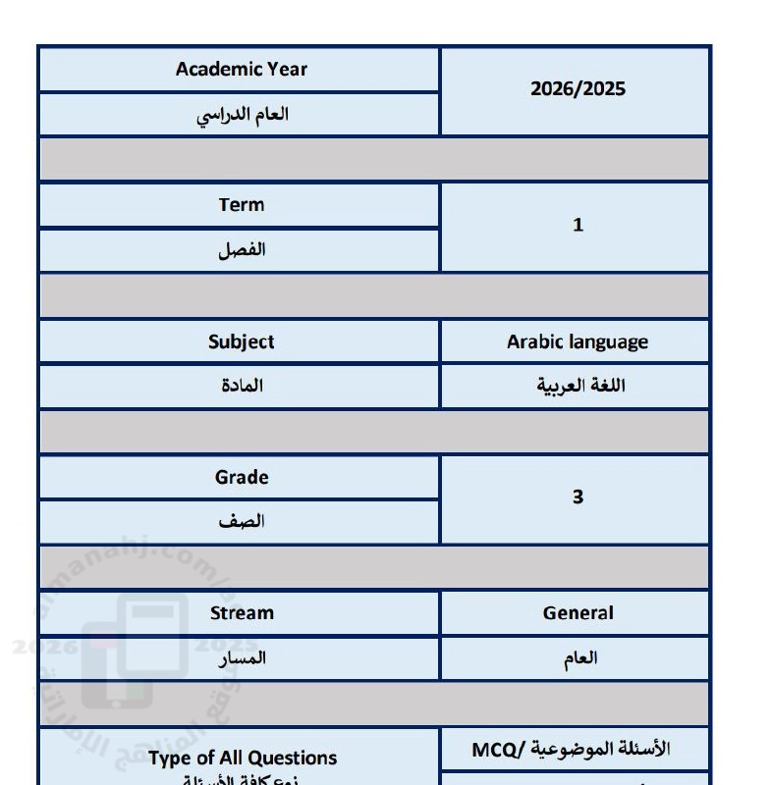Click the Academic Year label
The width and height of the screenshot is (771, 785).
tap(242, 70)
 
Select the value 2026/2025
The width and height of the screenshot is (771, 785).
tap(578, 89)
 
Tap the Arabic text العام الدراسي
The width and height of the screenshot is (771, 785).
tap(242, 114)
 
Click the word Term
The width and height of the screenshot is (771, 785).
tap(242, 205)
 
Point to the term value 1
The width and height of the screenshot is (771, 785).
tap(578, 225)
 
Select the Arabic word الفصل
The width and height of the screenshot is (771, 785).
tap(242, 250)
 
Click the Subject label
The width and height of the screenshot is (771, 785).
tap(242, 342)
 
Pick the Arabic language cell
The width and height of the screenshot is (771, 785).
tap(578, 342)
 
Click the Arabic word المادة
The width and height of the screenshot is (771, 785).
tap(242, 386)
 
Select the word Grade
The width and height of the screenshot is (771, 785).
tap(242, 478)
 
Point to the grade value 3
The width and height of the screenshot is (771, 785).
tap(578, 497)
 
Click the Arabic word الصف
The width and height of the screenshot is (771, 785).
tap(242, 521)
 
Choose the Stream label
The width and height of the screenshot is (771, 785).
tap(242, 613)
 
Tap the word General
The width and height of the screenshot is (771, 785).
tap(578, 613)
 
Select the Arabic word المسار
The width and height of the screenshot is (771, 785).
tap(242, 658)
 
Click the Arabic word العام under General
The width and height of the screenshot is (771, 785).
tap(581, 658)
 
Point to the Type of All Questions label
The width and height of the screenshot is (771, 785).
tap(243, 758)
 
